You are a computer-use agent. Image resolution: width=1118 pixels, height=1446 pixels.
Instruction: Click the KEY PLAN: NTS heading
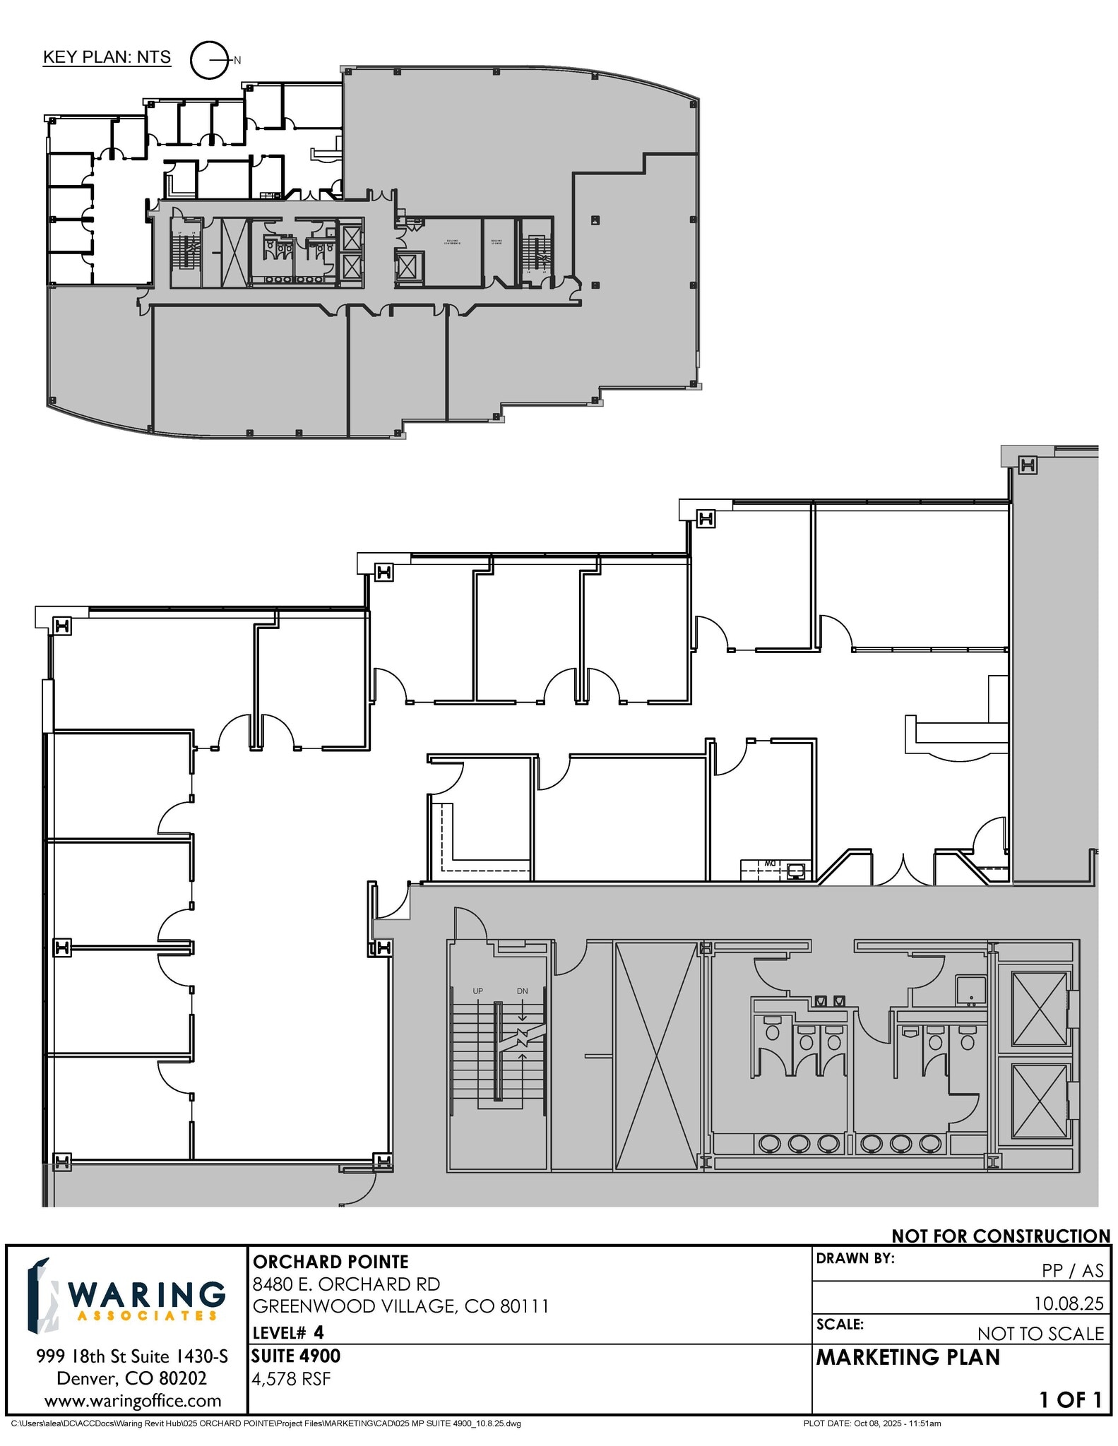click(x=107, y=57)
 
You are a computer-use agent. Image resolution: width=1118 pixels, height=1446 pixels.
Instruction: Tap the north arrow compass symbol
click(x=209, y=60)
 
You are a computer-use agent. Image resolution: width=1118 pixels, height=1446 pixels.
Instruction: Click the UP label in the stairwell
click(x=478, y=991)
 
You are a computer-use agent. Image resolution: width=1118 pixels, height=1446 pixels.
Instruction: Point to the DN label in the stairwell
click(x=523, y=991)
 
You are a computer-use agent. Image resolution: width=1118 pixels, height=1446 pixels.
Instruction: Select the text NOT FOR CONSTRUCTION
click(x=1000, y=1236)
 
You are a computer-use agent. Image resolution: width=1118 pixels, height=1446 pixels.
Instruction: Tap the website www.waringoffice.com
click(x=133, y=1400)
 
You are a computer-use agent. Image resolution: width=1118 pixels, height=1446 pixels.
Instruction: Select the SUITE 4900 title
click(x=297, y=1356)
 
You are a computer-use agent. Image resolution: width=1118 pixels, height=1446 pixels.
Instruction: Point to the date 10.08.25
click(x=1069, y=1303)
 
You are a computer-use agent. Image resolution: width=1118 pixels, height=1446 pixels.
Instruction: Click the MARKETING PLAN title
click(x=908, y=1357)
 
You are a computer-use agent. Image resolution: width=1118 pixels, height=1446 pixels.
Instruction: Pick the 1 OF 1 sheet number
click(x=1070, y=1399)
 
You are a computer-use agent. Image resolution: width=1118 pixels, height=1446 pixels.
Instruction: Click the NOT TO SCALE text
click(x=1040, y=1333)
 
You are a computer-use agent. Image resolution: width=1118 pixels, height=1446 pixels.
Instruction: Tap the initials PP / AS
click(x=1073, y=1270)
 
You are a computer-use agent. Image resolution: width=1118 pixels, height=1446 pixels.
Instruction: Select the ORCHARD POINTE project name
click(x=331, y=1262)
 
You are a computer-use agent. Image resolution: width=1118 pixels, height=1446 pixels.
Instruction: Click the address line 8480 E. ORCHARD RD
click(x=346, y=1284)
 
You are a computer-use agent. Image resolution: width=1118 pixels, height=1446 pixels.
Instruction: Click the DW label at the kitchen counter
click(x=770, y=863)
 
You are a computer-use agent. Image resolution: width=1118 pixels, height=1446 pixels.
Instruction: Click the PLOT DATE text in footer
click(x=872, y=1423)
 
